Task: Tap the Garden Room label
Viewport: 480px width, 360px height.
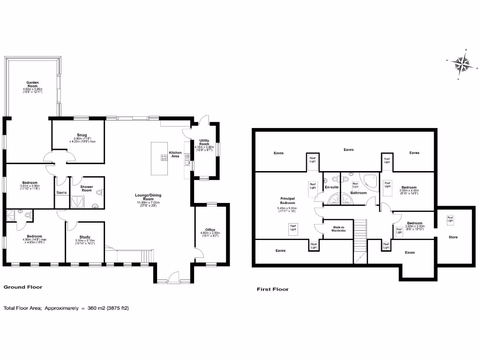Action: tap(32, 87)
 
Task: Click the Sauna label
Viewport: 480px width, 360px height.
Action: tap(61, 193)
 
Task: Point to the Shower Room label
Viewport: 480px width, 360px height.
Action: tap(86, 188)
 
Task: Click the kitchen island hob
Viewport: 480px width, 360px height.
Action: tap(165, 158)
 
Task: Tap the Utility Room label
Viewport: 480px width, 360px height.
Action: tap(204, 142)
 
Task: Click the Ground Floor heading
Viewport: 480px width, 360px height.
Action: tap(23, 286)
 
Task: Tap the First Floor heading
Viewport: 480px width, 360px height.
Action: tap(272, 289)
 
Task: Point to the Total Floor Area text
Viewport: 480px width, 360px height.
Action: tap(66, 308)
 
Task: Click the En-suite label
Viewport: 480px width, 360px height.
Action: tap(331, 187)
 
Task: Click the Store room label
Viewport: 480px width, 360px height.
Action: tap(453, 237)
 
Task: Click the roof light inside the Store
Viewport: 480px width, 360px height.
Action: tap(450, 218)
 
